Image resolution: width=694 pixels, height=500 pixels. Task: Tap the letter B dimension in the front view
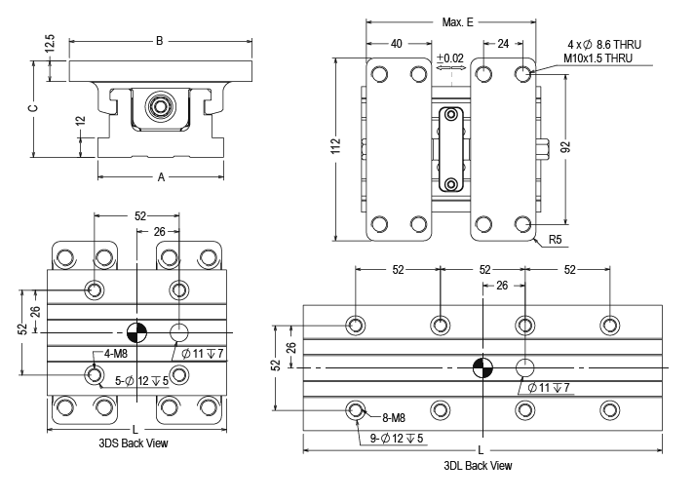click(160, 41)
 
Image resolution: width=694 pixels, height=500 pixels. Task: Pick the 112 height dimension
click(334, 145)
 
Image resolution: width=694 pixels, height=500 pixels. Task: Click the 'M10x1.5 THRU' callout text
click(598, 58)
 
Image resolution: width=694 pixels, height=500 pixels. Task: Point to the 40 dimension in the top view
click(396, 43)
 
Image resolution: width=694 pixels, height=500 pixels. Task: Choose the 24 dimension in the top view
click(504, 43)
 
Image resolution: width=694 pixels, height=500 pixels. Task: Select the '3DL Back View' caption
click(477, 465)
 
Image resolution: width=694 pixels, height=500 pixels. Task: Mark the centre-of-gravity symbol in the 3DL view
click(482, 367)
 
